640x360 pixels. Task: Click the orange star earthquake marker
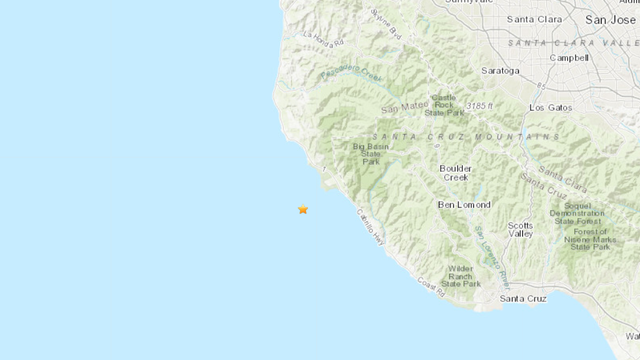tap(303, 209)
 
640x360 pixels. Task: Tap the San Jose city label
tap(611, 19)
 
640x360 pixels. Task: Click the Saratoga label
tap(497, 72)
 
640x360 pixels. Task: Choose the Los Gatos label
tap(550, 107)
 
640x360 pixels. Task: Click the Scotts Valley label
tap(520, 232)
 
